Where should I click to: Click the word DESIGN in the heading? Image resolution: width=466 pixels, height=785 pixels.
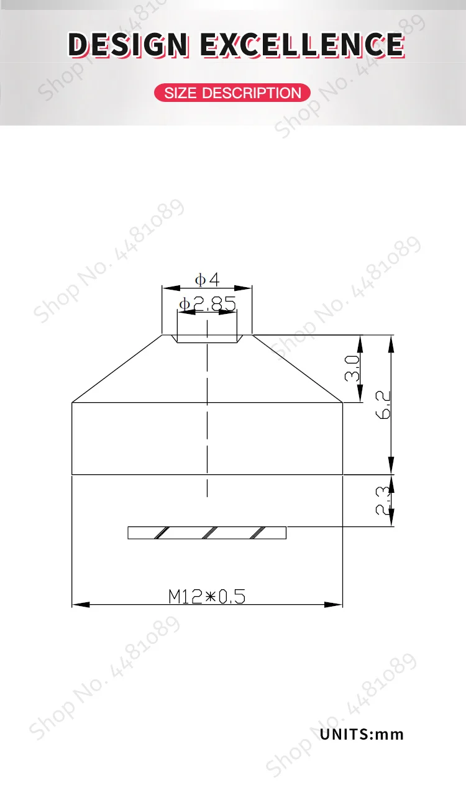[x=128, y=45]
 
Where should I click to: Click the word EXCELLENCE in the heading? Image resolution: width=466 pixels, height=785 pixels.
[x=303, y=45]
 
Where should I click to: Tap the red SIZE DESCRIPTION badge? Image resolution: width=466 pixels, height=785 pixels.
[x=232, y=93]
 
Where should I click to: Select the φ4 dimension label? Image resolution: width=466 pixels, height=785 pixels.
[x=207, y=280]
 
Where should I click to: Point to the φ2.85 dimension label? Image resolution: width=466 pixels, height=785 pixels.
[x=208, y=303]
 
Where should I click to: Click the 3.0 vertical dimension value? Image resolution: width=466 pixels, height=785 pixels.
[x=352, y=369]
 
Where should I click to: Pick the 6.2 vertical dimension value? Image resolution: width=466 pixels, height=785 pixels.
[x=383, y=405]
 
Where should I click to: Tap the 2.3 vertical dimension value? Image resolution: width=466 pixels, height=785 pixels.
[x=383, y=500]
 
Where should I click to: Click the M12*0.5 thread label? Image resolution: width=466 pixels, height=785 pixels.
[x=207, y=597]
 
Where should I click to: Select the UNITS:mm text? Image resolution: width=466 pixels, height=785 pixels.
[x=362, y=734]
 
